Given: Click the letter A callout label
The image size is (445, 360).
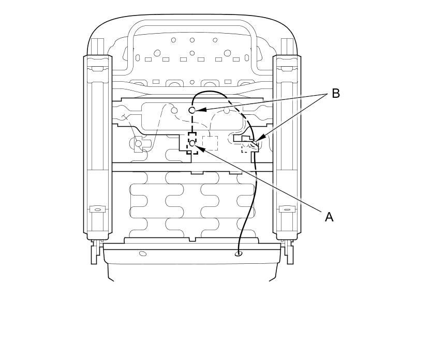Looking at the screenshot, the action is pos(329,217).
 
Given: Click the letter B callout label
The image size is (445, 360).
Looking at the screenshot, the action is pos(336,94).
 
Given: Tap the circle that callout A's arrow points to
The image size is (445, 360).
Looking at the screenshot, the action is pos(192,143).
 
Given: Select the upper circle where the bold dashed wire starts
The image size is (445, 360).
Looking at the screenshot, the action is pos(192,110).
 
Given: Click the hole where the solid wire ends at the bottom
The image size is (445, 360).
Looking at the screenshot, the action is pos(238,253).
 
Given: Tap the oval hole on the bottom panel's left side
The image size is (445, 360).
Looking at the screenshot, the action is pos(143,253).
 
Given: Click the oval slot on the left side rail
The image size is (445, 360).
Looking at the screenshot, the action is pos(97,209).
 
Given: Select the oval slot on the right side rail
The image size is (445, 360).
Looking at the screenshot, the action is pos(287,209).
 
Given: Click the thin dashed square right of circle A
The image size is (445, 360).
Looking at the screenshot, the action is pos(210,143).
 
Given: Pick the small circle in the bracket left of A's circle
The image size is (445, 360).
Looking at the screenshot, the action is pos(138,143).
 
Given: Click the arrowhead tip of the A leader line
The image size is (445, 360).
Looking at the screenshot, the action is pos(197,147).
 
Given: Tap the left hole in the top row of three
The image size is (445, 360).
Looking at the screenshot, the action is pos(173,40).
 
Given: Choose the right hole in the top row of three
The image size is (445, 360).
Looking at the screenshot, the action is pos(215,40).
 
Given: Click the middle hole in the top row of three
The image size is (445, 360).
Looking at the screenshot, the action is pos(192,40).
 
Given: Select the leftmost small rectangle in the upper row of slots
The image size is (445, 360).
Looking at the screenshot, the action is pos(148,59).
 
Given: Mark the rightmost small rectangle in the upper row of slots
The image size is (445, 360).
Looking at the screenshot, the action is pos(236,59).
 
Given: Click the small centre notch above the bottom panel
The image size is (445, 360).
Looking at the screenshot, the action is pos(192,239).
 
